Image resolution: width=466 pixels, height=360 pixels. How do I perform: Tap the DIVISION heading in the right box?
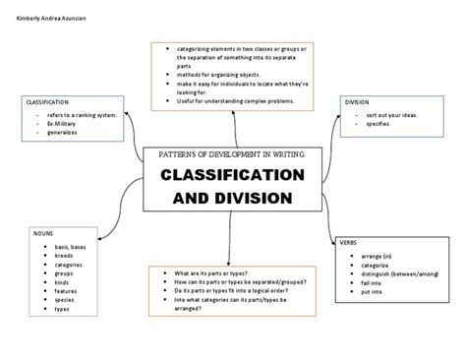click(357, 102)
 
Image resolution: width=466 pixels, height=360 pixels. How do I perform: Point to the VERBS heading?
click(349, 241)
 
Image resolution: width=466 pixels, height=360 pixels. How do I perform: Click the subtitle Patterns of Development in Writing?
click(232, 154)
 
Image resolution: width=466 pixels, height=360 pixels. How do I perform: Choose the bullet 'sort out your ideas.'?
click(388, 116)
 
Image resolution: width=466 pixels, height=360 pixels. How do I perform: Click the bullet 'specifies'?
click(377, 125)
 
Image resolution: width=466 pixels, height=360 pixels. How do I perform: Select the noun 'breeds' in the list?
click(65, 256)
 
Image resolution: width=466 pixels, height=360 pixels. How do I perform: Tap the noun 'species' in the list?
click(66, 300)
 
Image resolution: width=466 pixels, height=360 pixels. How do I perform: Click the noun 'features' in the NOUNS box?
click(67, 291)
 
